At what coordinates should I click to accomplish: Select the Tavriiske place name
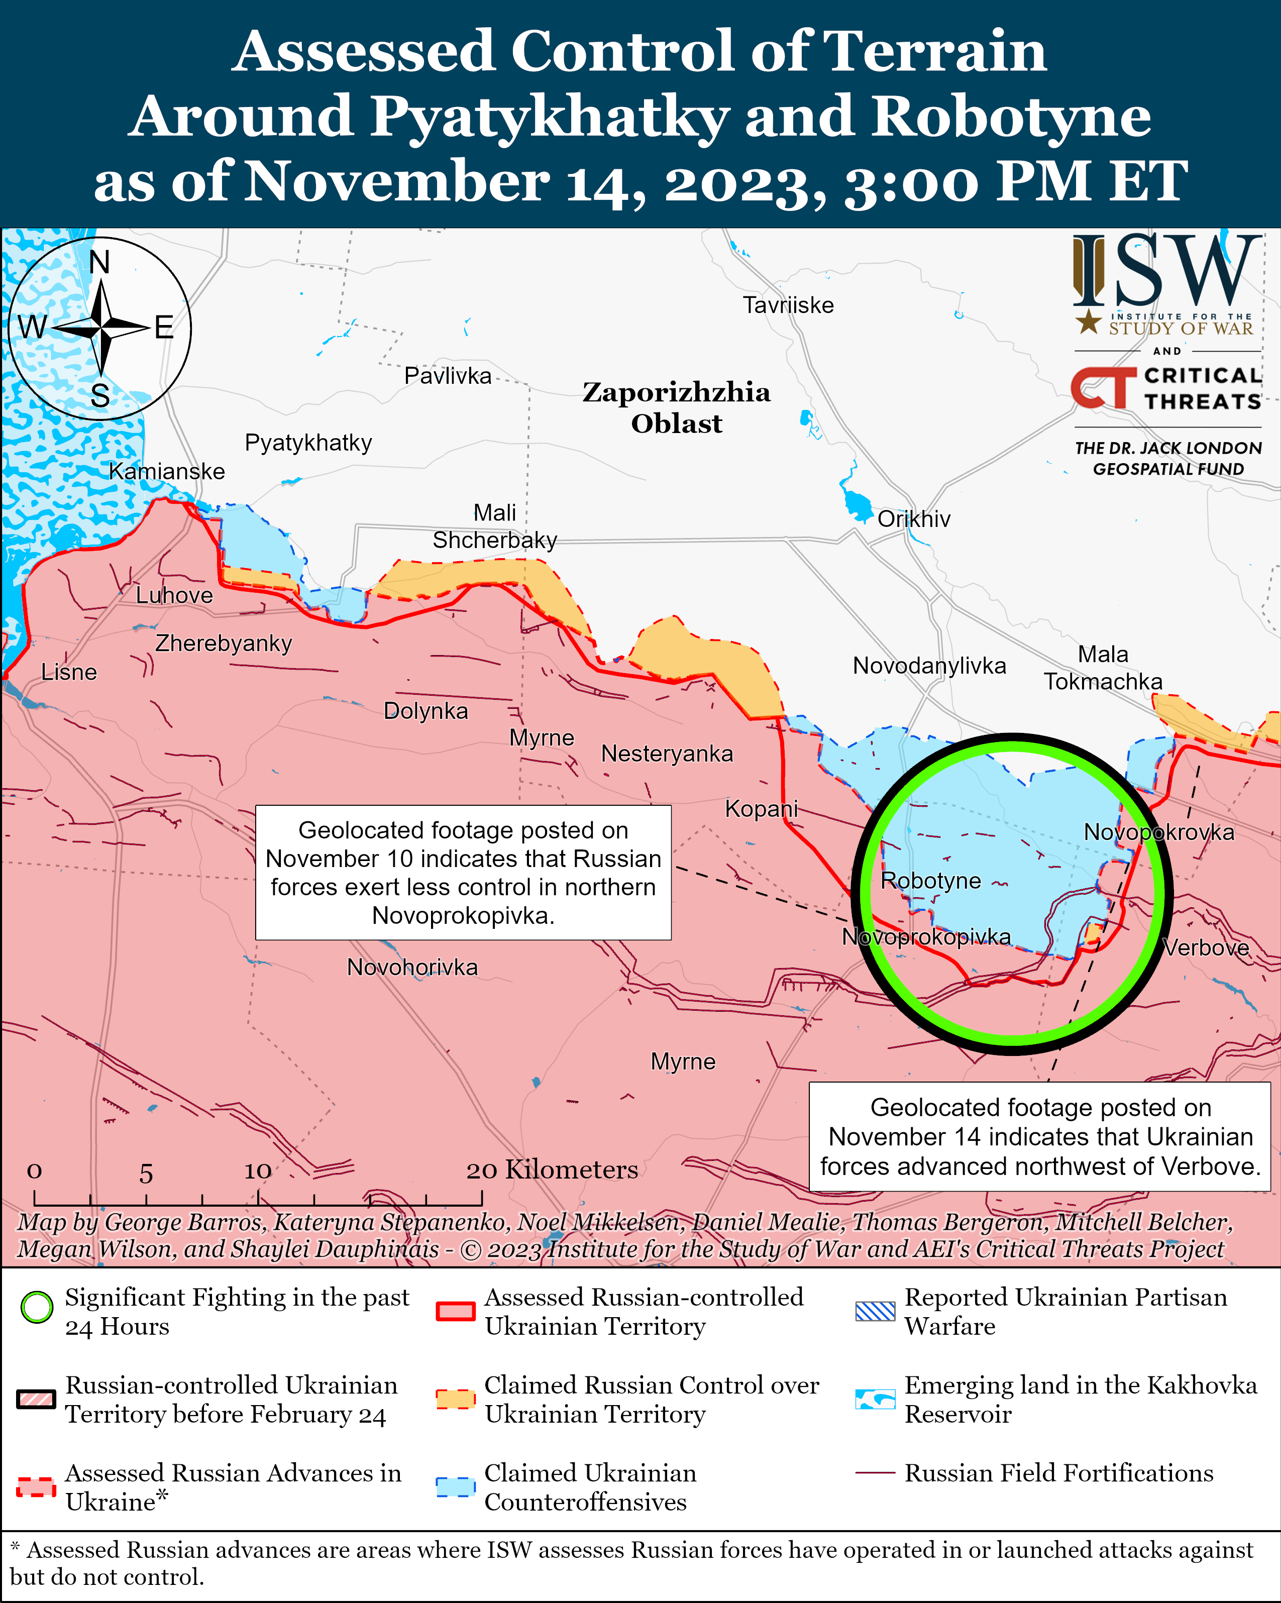788,305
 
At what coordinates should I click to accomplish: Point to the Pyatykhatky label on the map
308,443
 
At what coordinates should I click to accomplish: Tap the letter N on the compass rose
99,262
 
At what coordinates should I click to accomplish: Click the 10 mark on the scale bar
258,1172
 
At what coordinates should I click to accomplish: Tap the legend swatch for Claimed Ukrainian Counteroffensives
455,1486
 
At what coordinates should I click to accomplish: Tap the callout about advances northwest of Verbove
1039,1137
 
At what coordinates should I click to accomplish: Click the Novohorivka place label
412,968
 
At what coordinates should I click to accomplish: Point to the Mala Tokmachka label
1103,668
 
